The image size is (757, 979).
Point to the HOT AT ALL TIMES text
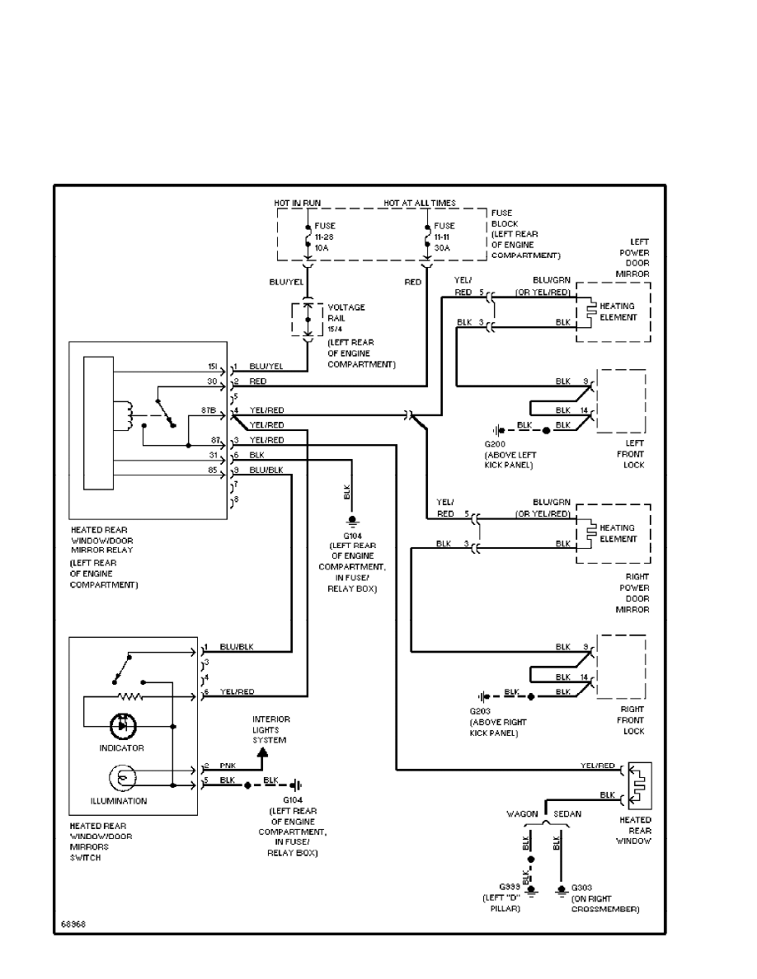point(419,203)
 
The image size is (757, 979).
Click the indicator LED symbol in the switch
point(121,726)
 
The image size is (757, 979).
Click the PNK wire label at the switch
point(227,766)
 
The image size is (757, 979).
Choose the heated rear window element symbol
point(640,785)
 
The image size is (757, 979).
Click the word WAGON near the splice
point(523,813)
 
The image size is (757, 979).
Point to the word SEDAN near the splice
point(567,813)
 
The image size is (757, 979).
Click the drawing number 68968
point(73,924)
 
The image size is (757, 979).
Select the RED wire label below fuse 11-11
point(414,281)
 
